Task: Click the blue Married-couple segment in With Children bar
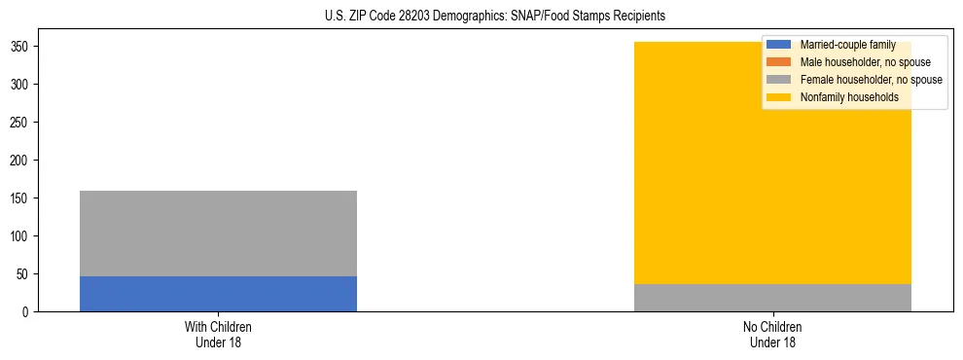tap(218, 294)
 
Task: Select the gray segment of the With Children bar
tap(218, 234)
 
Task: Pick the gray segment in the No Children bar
tap(772, 298)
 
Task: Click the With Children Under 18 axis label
tap(218, 334)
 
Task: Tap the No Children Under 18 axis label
tap(772, 334)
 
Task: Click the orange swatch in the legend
tap(779, 62)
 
